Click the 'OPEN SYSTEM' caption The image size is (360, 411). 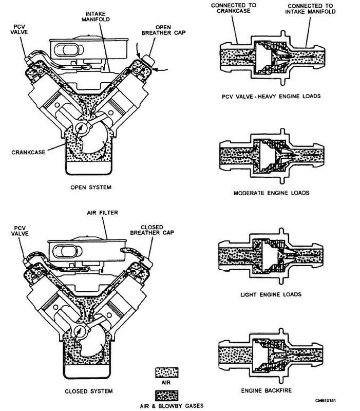point(91,187)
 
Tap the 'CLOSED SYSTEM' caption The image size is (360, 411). point(89,391)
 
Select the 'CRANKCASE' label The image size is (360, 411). point(28,152)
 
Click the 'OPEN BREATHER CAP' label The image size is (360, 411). point(163,30)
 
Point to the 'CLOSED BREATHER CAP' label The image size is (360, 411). point(152,230)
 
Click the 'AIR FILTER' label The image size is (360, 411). point(102,213)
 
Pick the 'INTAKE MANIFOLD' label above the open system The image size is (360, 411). point(96,16)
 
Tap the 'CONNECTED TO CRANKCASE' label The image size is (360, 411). point(234,8)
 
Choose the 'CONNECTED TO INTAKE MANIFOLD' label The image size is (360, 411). point(311,9)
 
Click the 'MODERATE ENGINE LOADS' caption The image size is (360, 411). point(272,193)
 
